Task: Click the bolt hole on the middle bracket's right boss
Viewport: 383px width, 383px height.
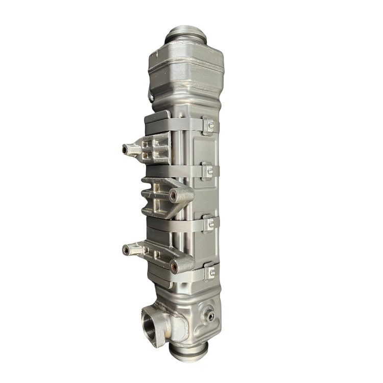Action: pos(175,195)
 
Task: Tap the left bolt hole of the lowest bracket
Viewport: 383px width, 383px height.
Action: pos(125,249)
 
